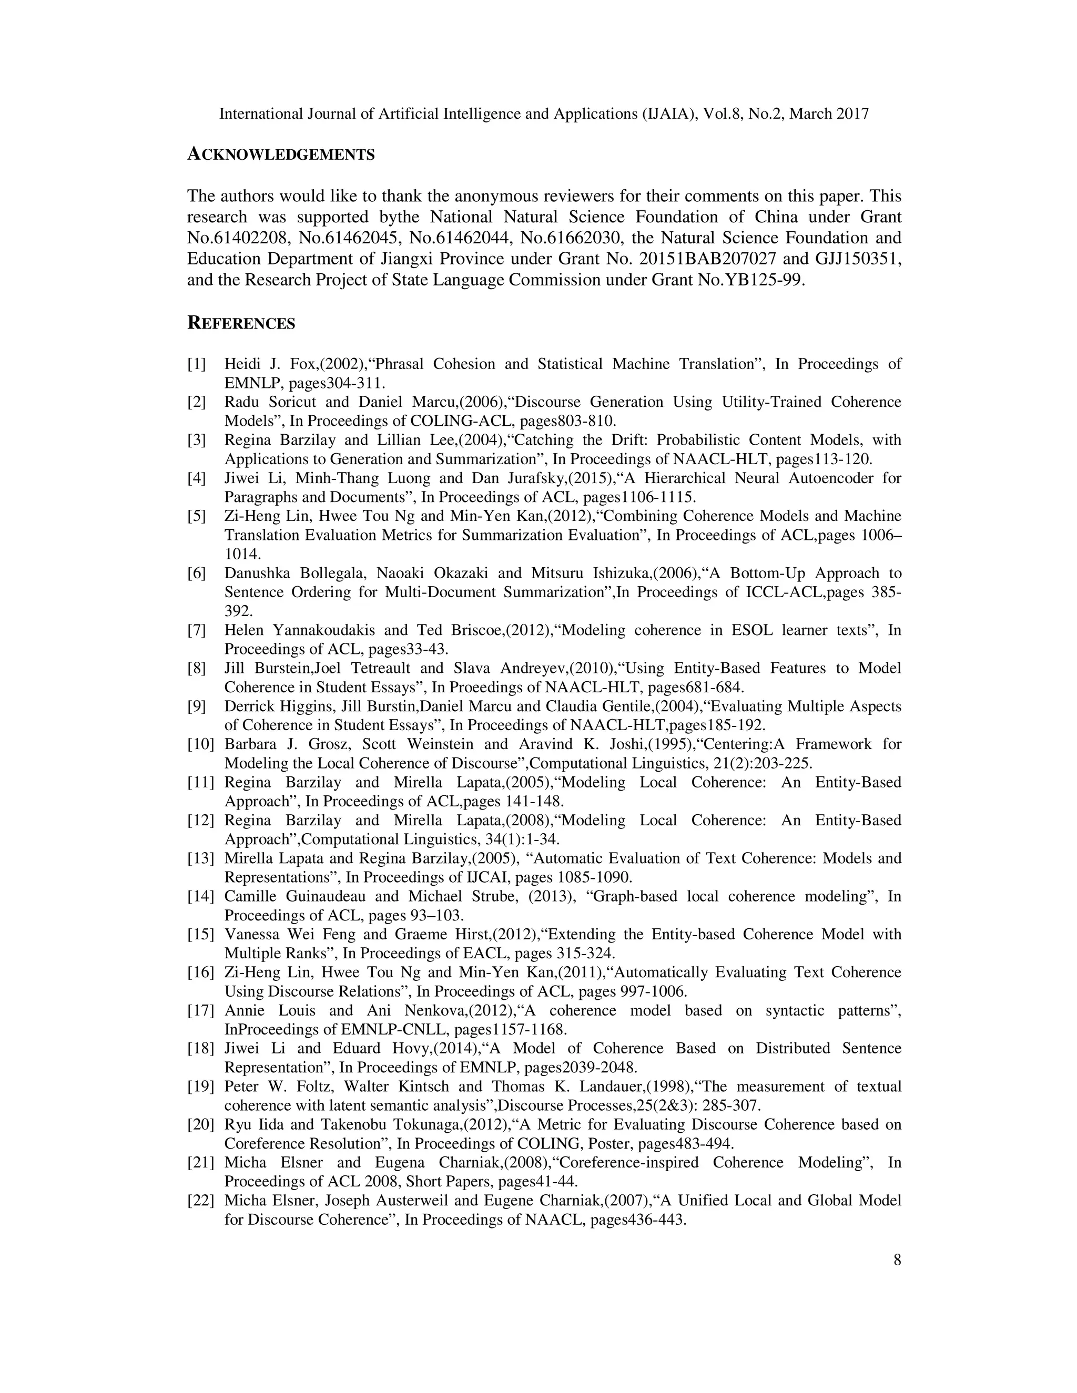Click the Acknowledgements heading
click(x=280, y=155)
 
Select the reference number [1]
click(x=197, y=364)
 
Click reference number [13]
click(x=200, y=858)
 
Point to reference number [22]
click(x=200, y=1201)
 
